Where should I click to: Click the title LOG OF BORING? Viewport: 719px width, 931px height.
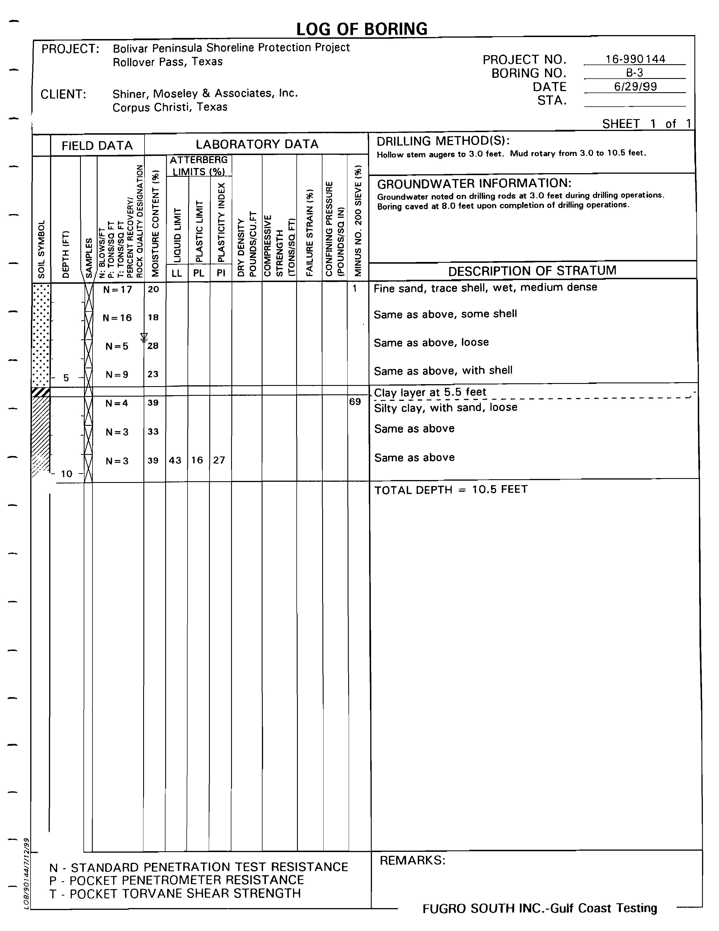361,29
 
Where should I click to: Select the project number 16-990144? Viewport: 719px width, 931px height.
635,59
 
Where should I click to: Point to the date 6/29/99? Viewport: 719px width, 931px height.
635,87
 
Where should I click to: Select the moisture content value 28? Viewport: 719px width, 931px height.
153,346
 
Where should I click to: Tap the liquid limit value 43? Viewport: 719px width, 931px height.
175,460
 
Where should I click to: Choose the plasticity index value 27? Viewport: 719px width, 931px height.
219,460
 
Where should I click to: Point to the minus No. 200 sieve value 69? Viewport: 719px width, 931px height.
355,401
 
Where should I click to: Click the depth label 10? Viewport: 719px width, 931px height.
66,474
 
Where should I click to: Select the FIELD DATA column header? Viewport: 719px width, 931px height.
97,146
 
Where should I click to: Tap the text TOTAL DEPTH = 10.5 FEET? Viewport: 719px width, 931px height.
451,489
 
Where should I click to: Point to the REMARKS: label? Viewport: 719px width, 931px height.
412,860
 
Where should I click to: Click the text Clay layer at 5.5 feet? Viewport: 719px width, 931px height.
430,392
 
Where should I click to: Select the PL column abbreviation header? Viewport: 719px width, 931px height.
199,273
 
